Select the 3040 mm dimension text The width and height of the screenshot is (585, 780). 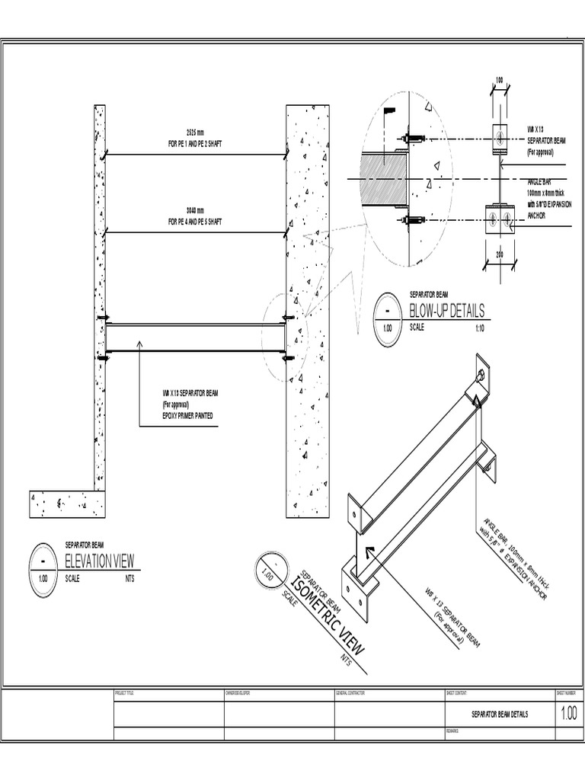click(x=196, y=210)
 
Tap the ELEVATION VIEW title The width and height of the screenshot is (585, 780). click(x=99, y=561)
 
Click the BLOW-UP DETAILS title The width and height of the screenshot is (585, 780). click(x=446, y=311)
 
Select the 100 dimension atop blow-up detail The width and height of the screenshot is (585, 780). click(x=500, y=80)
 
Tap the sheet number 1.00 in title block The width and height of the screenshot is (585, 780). click(x=568, y=714)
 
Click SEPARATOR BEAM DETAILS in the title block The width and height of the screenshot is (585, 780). click(x=499, y=714)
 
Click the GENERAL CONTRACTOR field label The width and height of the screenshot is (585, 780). click(x=352, y=693)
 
